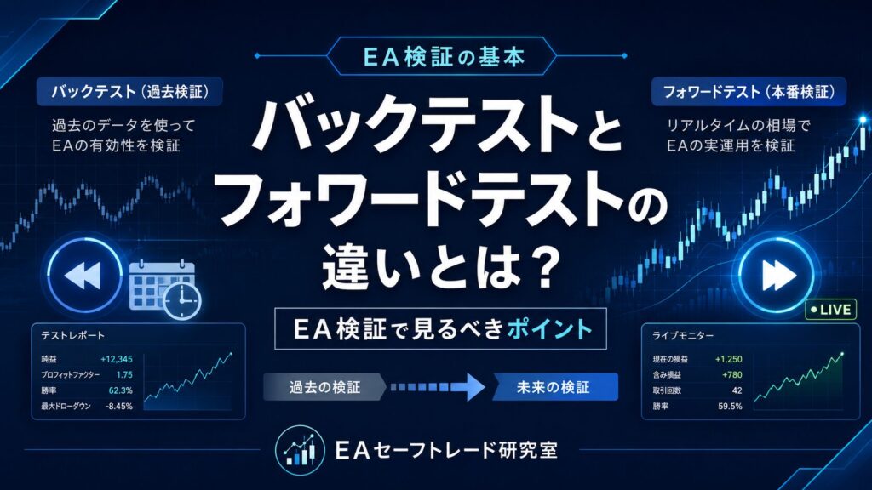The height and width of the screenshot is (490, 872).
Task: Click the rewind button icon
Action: pyautogui.click(x=84, y=275)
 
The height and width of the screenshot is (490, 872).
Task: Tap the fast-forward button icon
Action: pyautogui.click(x=777, y=275)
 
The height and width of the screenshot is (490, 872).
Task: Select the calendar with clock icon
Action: pyautogui.click(x=165, y=289)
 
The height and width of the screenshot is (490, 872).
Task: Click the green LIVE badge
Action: pyautogui.click(x=831, y=310)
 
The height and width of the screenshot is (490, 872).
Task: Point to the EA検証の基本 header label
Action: pyautogui.click(x=443, y=56)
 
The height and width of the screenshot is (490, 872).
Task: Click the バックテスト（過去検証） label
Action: pyautogui.click(x=129, y=92)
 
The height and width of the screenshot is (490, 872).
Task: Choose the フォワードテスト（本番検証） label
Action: pyautogui.click(x=749, y=92)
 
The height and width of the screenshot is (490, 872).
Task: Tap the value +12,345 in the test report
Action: pyautogui.click(x=116, y=359)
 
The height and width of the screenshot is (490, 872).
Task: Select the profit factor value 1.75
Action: pyautogui.click(x=124, y=374)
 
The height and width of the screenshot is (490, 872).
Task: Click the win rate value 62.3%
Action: pyautogui.click(x=120, y=390)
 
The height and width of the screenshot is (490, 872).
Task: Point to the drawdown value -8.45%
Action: pyautogui.click(x=119, y=406)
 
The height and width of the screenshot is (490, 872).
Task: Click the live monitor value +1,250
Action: pyautogui.click(x=729, y=359)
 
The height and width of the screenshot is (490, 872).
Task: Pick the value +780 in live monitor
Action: pyautogui.click(x=731, y=375)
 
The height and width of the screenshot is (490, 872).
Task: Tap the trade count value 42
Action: pyautogui.click(x=737, y=390)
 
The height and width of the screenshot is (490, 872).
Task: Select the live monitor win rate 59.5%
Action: pyautogui.click(x=730, y=406)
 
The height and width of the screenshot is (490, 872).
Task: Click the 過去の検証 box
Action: pyautogui.click(x=324, y=387)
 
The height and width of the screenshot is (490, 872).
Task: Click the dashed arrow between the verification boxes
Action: pyautogui.click(x=438, y=387)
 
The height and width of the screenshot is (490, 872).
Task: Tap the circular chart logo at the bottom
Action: pyautogui.click(x=299, y=450)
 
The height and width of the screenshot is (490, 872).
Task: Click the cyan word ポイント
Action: pyautogui.click(x=549, y=329)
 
